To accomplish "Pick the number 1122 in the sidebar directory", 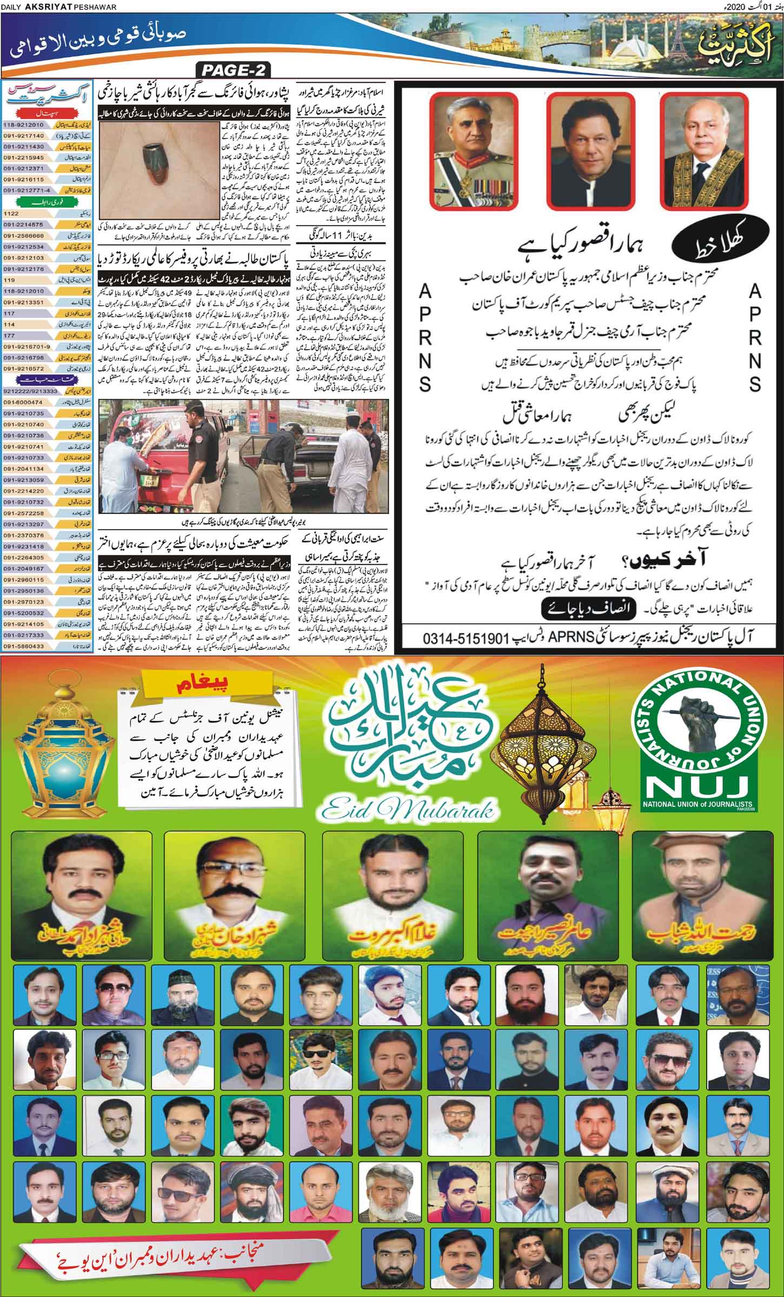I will coord(11,214).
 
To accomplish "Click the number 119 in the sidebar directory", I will coord(9,281).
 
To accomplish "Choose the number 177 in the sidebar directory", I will coord(9,336).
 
